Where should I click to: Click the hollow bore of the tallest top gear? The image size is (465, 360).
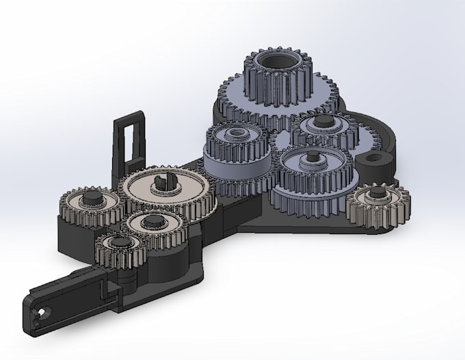click(x=277, y=64)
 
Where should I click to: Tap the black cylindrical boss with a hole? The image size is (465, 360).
click(x=375, y=162)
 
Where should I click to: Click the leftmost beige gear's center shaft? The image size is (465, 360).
click(x=90, y=201)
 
